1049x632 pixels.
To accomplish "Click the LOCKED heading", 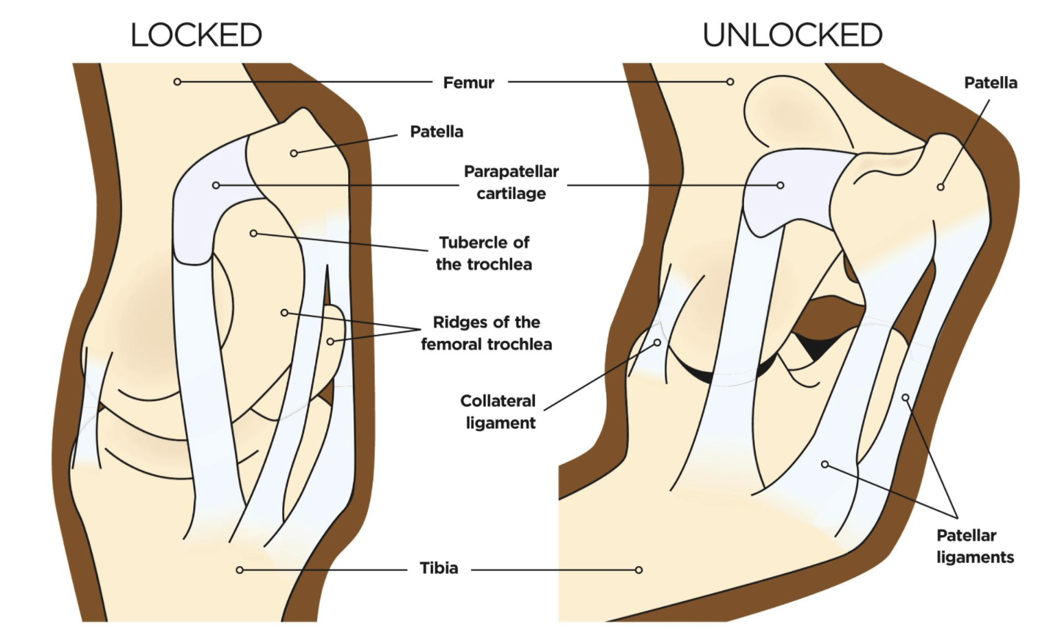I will (196, 35).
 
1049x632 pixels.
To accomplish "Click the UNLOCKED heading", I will (792, 35).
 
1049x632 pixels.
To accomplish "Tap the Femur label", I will (468, 82).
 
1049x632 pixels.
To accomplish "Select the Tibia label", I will (439, 568).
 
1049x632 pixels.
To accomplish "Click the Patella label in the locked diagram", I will (436, 131).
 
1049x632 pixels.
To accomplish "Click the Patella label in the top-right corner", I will (990, 82).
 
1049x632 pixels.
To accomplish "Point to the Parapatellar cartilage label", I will (511, 182).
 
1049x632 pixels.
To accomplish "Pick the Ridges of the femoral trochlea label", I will (486, 333).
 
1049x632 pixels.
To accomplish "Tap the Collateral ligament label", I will (499, 412).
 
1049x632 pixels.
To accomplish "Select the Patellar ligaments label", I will (974, 546).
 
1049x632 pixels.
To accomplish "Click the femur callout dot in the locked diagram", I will (177, 82).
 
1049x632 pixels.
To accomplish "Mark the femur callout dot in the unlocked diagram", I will (730, 82).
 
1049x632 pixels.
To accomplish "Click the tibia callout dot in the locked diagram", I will (240, 570).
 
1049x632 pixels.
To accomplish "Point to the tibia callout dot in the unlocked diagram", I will (638, 570).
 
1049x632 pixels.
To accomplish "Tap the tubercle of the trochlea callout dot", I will (253, 233).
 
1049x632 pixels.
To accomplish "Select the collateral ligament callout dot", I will (657, 342).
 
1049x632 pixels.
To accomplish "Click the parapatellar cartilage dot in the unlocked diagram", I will (781, 185).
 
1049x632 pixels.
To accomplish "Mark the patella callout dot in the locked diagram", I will (294, 153).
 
